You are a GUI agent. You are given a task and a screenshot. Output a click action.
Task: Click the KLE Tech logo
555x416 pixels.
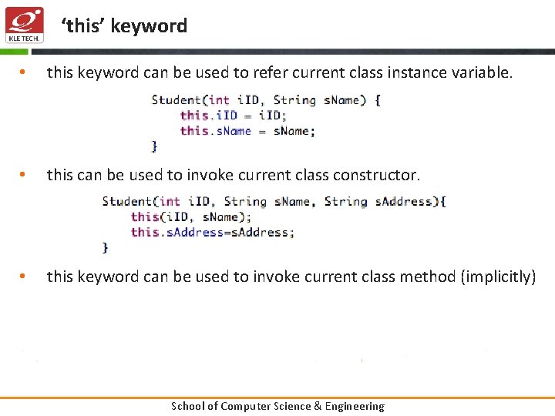click(x=25, y=25)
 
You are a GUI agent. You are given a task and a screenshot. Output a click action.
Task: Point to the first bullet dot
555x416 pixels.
click(x=24, y=73)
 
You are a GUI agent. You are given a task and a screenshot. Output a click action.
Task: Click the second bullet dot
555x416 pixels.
click(x=24, y=176)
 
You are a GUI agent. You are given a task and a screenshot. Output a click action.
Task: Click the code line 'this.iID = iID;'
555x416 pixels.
click(x=233, y=116)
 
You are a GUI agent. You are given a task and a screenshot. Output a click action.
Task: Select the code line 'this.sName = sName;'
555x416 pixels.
click(x=247, y=131)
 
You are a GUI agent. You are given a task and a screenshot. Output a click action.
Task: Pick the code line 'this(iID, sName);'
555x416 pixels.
click(x=190, y=217)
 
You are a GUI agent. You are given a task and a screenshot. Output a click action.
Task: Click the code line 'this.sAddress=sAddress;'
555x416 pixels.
click(x=213, y=233)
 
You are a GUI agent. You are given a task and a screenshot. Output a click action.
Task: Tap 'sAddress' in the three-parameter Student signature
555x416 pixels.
click(x=405, y=202)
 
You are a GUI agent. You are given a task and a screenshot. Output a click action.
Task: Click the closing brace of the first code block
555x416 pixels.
click(x=155, y=146)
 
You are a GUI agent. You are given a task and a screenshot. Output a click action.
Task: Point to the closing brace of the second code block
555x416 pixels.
click(x=106, y=247)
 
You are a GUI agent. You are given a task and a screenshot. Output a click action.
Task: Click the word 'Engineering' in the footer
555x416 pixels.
click(x=354, y=406)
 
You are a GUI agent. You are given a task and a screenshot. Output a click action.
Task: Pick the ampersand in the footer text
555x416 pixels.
click(x=317, y=406)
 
